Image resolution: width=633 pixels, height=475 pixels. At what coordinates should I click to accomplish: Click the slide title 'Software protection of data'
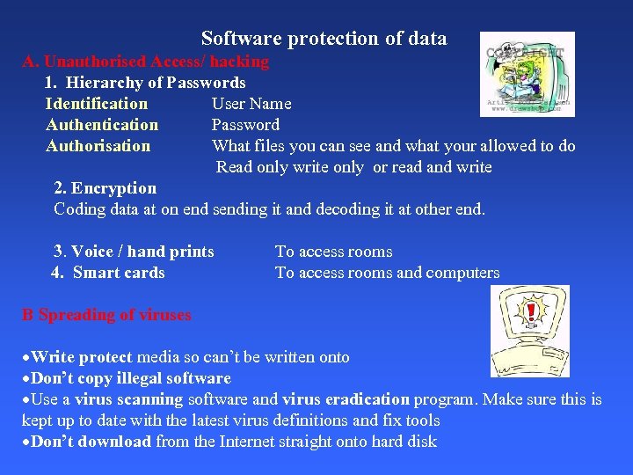[324, 39]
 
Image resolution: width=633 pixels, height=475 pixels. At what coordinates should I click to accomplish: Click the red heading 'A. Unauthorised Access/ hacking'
[146, 62]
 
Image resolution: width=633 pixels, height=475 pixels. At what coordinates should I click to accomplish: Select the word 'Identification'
[97, 104]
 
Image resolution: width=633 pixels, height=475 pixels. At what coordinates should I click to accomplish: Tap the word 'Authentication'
[102, 125]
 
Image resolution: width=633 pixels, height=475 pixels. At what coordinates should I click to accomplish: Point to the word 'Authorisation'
[98, 146]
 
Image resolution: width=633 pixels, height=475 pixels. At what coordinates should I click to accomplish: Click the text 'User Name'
[251, 104]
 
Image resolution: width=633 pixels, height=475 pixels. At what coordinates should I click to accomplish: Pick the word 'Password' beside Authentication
[245, 125]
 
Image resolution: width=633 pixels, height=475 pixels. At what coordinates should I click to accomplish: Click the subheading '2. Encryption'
[105, 188]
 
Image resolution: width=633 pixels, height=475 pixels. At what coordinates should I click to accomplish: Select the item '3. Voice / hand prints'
[134, 252]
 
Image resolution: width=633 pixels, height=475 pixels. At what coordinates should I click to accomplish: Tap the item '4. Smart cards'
[108, 273]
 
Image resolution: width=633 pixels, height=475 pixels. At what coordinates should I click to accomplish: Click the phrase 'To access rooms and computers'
[387, 273]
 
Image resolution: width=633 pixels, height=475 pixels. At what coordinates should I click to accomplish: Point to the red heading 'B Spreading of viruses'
[106, 315]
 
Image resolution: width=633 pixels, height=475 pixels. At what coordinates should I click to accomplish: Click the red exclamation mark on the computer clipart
[531, 312]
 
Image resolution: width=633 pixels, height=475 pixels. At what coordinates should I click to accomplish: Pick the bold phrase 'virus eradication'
[346, 399]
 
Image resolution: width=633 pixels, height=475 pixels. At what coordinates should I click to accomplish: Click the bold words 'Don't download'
[91, 442]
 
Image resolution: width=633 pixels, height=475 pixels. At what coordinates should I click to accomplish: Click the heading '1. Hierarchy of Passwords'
[145, 83]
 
